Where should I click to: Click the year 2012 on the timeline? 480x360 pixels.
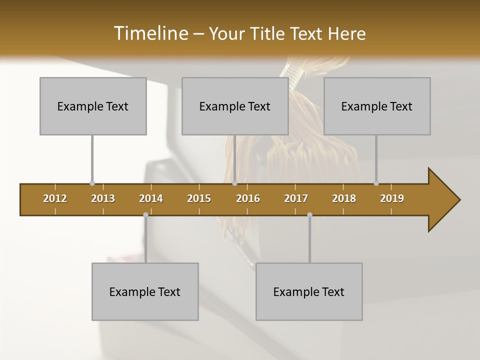tap(55, 198)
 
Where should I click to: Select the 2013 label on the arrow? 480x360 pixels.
tap(103, 198)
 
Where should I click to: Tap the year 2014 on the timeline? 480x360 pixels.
tap(151, 198)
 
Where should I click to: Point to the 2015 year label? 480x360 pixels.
tap(199, 198)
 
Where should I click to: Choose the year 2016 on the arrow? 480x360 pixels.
tap(248, 198)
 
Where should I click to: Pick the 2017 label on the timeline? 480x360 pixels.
tap(296, 198)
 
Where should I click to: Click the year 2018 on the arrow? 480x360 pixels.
tap(344, 198)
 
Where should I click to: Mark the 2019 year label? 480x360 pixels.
tap(392, 198)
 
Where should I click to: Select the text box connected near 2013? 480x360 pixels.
tap(93, 106)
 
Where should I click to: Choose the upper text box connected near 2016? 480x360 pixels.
tap(235, 106)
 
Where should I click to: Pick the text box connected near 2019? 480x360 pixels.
tap(377, 106)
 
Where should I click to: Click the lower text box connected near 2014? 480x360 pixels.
tap(145, 291)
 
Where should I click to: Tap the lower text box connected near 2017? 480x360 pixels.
tap(309, 291)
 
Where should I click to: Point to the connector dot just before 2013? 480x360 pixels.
tap(92, 183)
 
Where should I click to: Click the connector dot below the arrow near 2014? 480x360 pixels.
tap(145, 214)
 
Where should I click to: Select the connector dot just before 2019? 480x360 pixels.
tap(376, 183)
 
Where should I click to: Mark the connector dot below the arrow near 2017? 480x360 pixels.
tap(309, 214)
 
